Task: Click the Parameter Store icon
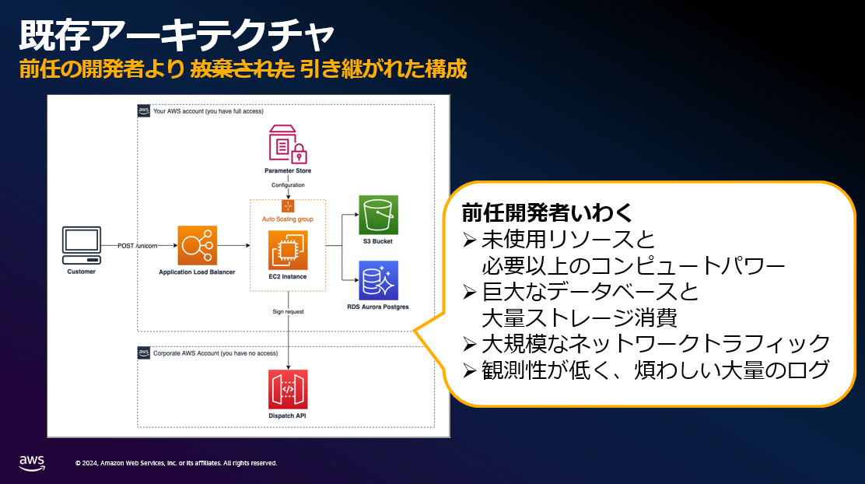288,143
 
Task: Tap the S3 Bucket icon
379,215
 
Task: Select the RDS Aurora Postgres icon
379,280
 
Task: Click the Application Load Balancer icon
197,245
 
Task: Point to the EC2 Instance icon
288,250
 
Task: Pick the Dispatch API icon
288,388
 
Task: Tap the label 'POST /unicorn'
137,246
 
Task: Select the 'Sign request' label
288,311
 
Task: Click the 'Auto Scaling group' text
288,219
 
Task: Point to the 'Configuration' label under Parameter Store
288,185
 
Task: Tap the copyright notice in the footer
176,463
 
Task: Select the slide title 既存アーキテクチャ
177,34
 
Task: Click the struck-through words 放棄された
242,69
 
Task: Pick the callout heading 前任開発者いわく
548,212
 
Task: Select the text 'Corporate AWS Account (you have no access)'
215,353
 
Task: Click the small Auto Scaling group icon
288,206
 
